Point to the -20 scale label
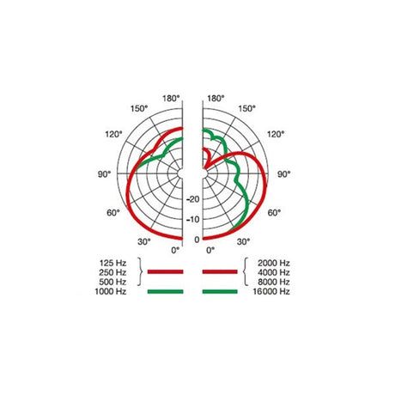coord(192,198)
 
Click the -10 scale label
coord(192,218)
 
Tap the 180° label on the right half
coord(216,99)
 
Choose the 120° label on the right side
coord(276,136)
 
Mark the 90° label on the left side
coord(104,173)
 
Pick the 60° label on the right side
coord(276,211)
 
